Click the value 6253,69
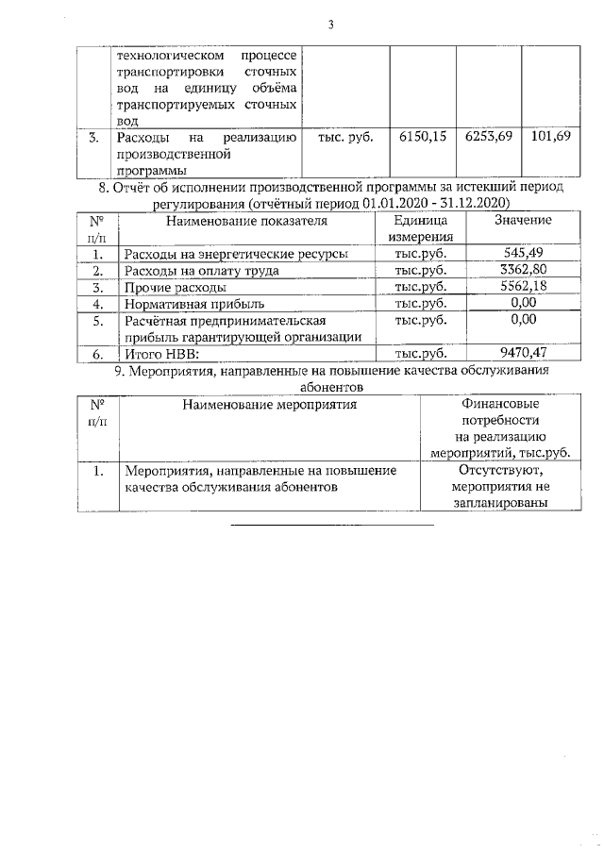click(x=489, y=137)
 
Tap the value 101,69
click(x=550, y=137)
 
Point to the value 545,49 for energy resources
click(x=524, y=254)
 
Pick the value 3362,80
click(x=524, y=270)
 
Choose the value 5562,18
click(x=524, y=286)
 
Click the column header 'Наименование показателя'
click(x=246, y=221)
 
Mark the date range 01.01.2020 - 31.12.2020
click(x=429, y=203)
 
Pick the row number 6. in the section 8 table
click(x=97, y=354)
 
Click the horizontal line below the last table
click(x=331, y=523)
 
